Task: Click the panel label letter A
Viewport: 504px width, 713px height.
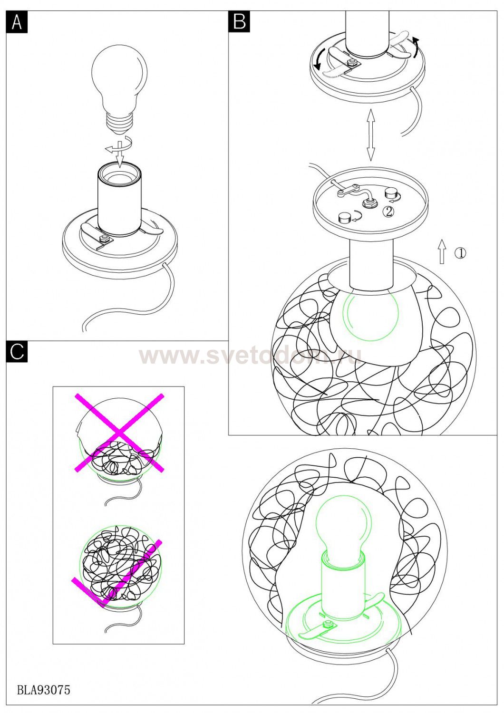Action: tap(17, 22)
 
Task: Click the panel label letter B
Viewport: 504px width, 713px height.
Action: tap(239, 22)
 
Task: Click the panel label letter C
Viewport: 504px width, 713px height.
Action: tap(17, 352)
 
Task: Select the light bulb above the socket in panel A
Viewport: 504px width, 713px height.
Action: tap(119, 92)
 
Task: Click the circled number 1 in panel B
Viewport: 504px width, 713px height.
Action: tap(460, 253)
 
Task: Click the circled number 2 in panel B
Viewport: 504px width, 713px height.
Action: tap(388, 212)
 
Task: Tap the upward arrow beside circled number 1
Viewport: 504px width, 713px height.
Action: tap(442, 251)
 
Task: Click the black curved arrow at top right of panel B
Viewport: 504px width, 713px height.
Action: tap(416, 47)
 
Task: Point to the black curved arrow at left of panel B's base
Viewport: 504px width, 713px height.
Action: tap(320, 58)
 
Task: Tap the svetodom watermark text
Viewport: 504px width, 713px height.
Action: tap(250, 356)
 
